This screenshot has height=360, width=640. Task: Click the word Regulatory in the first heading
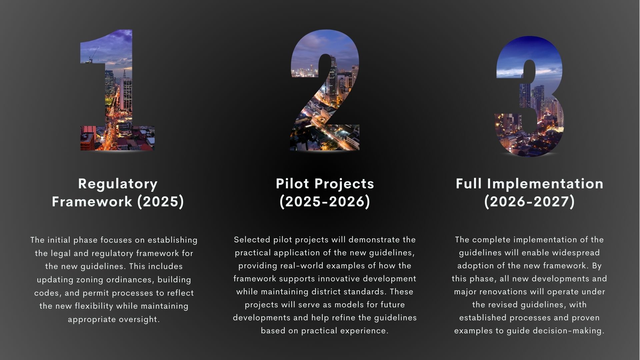point(118,184)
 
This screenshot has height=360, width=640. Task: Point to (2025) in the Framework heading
point(161,201)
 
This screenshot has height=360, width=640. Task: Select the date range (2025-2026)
point(325,201)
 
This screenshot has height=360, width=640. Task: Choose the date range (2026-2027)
point(529,201)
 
